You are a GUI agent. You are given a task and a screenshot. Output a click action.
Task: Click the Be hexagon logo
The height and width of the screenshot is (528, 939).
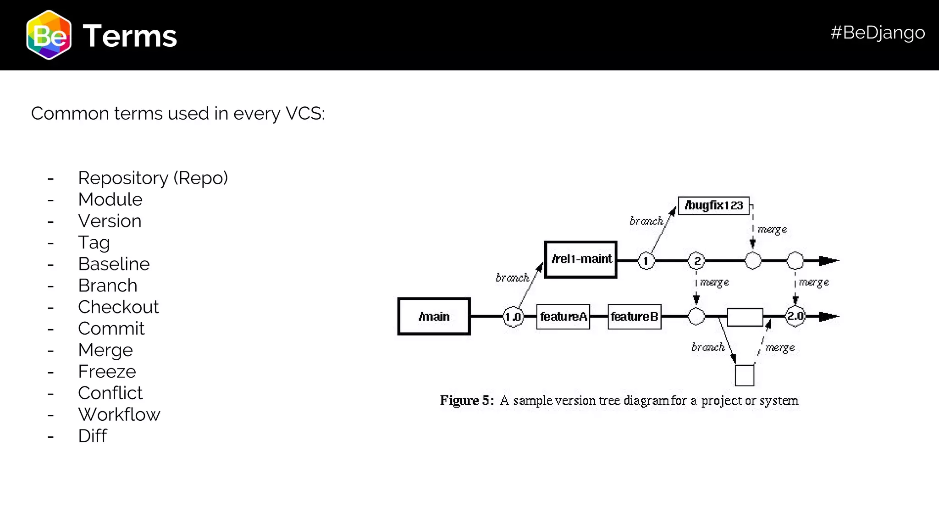49,35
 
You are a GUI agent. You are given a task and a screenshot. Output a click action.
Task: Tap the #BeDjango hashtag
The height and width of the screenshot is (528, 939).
877,33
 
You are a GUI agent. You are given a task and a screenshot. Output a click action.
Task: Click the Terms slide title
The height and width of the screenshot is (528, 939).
130,36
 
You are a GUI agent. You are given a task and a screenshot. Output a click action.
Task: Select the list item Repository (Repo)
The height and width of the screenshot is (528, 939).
153,178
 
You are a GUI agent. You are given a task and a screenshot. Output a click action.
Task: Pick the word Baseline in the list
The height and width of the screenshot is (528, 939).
114,264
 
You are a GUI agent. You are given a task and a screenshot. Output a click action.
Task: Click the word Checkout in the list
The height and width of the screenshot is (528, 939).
118,307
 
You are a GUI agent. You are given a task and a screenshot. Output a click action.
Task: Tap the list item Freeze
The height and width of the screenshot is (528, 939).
107,372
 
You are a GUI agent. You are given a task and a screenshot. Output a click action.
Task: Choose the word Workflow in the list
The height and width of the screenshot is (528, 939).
119,415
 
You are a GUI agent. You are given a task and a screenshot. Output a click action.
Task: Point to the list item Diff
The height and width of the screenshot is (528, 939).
92,436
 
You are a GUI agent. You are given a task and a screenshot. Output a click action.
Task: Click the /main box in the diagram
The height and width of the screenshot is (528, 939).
434,316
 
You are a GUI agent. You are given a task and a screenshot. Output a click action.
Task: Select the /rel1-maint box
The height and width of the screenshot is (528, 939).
580,259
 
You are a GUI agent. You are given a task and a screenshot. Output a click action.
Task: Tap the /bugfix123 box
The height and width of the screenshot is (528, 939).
713,205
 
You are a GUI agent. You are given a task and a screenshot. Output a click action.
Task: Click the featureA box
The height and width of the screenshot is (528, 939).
563,317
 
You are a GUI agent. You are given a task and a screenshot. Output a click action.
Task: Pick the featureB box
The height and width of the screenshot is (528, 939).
635,317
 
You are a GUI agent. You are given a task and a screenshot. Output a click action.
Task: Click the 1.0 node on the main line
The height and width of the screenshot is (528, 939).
513,317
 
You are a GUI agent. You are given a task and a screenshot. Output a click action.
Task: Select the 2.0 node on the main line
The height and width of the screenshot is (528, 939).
795,316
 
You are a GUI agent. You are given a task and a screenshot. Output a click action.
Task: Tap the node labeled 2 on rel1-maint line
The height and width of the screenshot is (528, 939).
696,261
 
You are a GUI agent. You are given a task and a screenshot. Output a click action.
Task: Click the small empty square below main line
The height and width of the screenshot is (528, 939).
744,375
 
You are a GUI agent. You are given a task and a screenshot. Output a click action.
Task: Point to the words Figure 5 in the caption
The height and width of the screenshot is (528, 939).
466,401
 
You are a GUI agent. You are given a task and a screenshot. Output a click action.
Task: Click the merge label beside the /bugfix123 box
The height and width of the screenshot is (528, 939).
772,229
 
